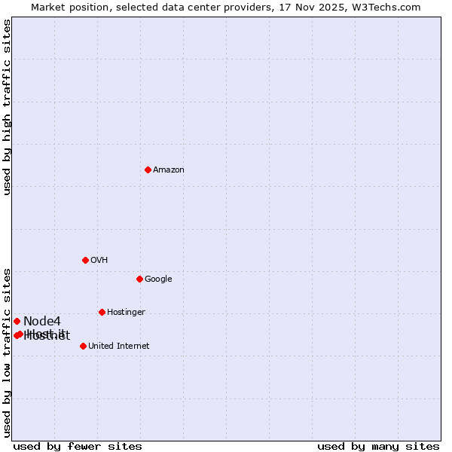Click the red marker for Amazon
tap(148, 169)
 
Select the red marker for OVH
tap(85, 260)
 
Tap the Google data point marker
tap(139, 279)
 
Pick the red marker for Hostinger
tap(102, 312)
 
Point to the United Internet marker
tap(83, 346)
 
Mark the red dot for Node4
tap(17, 321)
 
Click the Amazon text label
tap(168, 169)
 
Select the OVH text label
tap(99, 260)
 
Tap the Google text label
tap(158, 279)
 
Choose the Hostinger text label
tap(126, 312)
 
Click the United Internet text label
tap(118, 346)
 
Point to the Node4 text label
tap(41, 322)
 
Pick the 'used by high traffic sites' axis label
tap(7, 107)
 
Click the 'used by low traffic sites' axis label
tap(7, 353)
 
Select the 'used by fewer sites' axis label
tap(78, 446)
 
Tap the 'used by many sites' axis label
tap(378, 446)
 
